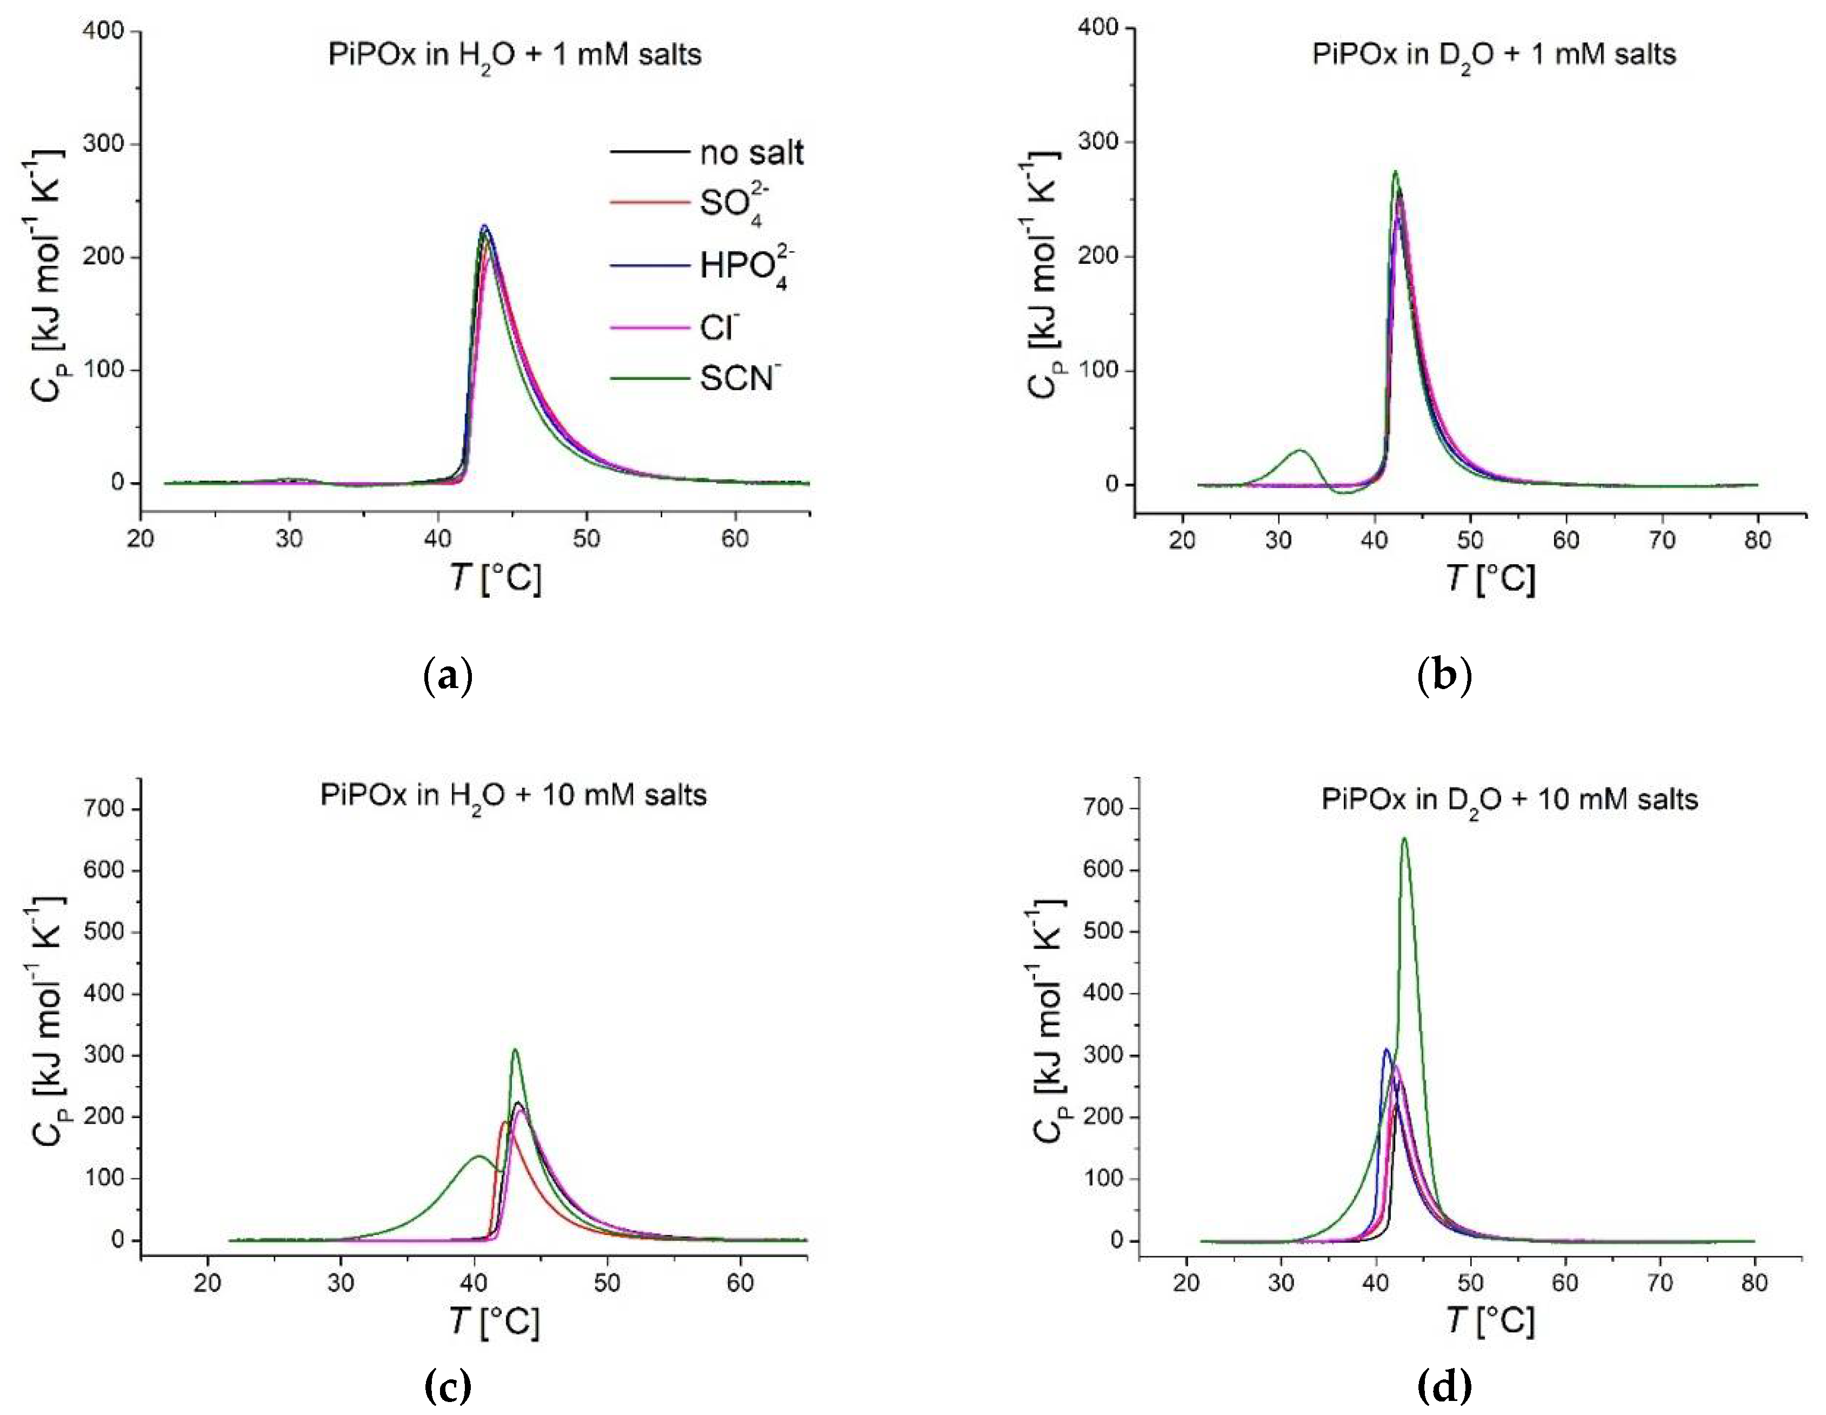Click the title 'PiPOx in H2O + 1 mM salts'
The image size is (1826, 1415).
pos(514,55)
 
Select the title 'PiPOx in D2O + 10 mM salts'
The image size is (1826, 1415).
pos(1509,800)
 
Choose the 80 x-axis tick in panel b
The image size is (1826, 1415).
pos(1757,540)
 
